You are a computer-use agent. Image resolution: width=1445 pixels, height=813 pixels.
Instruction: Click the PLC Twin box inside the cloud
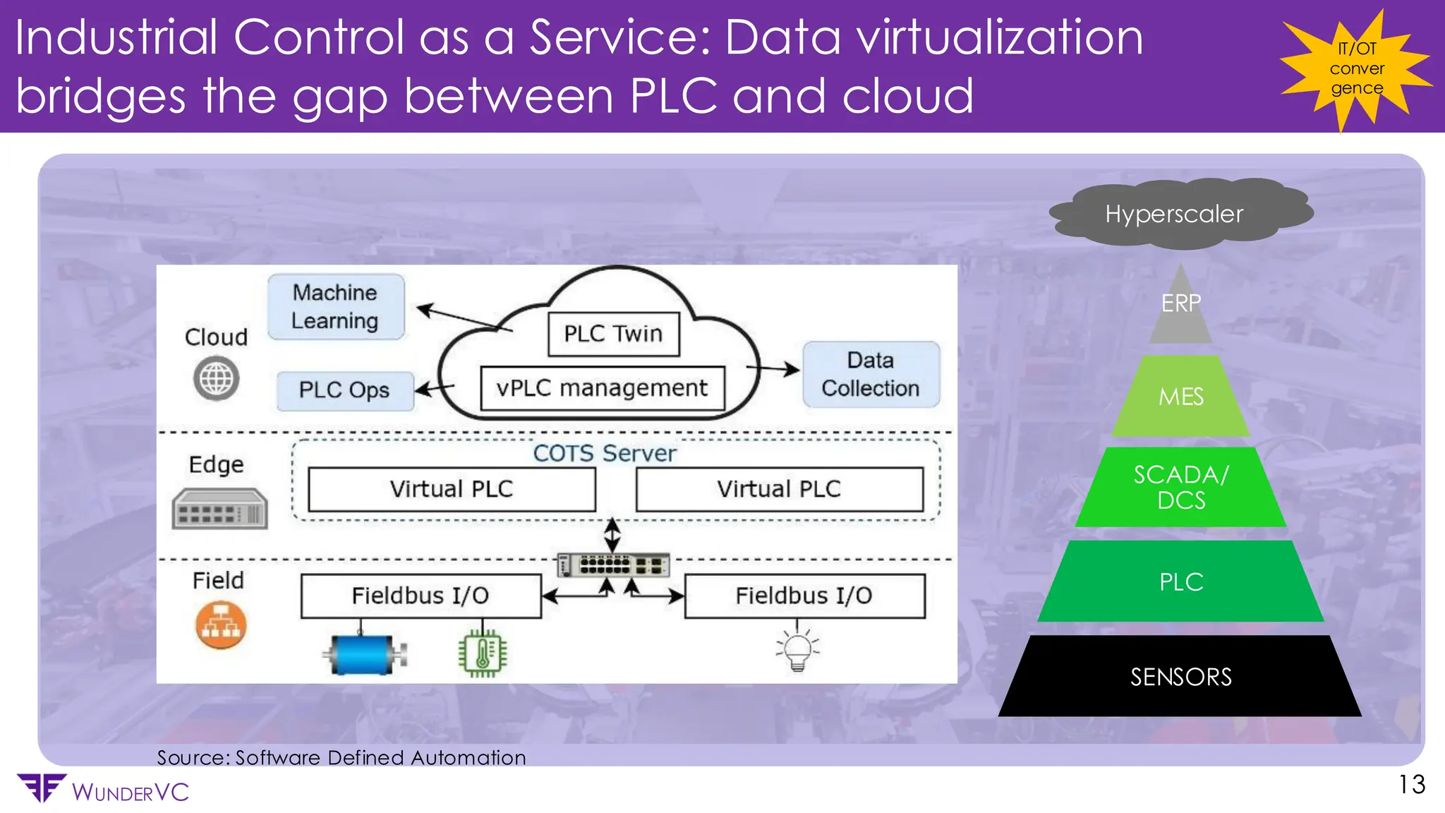[613, 334]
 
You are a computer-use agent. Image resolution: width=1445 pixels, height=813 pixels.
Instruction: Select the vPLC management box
[602, 388]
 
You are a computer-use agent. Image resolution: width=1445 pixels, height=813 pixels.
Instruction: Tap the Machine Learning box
[336, 307]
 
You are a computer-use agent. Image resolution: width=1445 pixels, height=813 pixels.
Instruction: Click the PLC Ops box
[344, 390]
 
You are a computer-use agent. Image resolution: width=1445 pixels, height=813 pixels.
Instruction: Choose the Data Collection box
[871, 375]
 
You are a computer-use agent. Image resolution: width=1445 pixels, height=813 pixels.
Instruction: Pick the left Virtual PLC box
[452, 489]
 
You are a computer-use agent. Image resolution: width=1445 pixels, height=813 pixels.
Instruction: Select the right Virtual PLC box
[779, 489]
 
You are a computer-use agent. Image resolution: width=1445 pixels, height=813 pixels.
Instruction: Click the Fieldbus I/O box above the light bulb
[804, 596]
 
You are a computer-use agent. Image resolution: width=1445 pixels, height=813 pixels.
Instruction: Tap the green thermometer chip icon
[483, 653]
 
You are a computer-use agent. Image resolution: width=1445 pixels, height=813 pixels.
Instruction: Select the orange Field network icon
[221, 625]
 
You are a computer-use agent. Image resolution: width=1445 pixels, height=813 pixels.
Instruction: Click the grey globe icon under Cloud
[216, 379]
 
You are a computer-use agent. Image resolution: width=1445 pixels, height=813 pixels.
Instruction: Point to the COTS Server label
[604, 453]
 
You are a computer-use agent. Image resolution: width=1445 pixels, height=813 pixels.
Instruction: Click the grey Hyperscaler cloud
[1175, 214]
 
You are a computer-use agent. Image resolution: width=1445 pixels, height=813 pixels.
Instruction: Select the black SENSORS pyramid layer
[1180, 677]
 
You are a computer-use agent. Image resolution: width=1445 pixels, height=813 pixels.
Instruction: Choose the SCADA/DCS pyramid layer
[1180, 488]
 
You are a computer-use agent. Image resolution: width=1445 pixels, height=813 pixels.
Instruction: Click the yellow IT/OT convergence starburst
[1356, 69]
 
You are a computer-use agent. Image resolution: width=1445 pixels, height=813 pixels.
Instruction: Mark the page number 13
[1412, 785]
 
